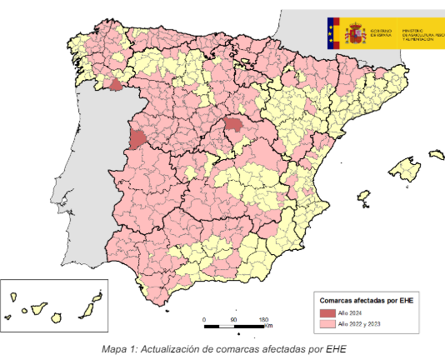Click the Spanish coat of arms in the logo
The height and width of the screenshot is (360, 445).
click(355, 33)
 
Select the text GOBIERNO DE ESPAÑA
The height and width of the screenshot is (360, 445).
click(382, 33)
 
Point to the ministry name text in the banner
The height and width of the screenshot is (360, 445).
click(420, 33)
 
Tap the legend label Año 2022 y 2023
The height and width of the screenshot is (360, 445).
click(359, 322)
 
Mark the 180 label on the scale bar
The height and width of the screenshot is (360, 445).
click(263, 319)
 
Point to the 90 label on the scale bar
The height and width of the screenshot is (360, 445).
click(234, 319)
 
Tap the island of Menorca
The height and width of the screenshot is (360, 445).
click(436, 154)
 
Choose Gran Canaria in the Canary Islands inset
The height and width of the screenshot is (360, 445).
click(57, 317)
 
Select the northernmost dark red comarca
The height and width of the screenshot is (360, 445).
click(116, 83)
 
